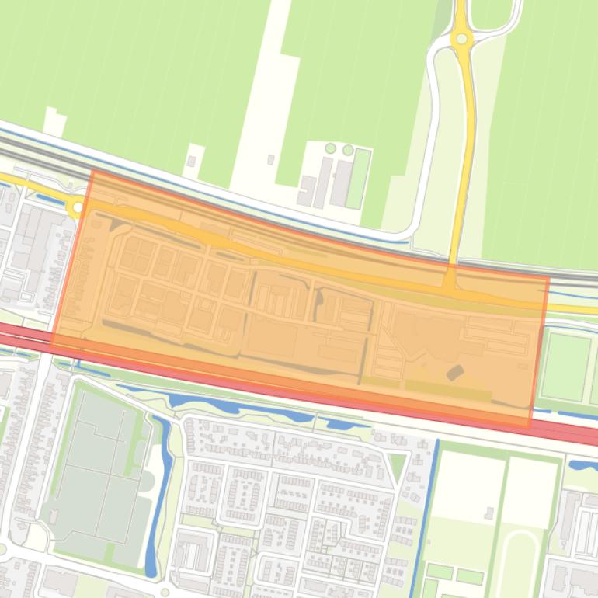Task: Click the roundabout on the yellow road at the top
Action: tap(462, 38)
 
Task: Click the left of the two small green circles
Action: tap(331, 148)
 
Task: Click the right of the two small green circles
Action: tap(348, 150)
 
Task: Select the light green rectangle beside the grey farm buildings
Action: tap(359, 179)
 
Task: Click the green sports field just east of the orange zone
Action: tap(565, 366)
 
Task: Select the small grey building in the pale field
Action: tap(489, 513)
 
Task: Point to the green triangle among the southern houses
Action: tap(397, 467)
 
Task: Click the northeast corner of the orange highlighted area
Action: tap(548, 277)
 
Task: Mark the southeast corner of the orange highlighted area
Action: tap(530, 427)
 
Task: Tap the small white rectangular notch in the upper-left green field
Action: tap(54, 120)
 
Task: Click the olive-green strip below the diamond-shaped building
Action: tap(448, 388)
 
